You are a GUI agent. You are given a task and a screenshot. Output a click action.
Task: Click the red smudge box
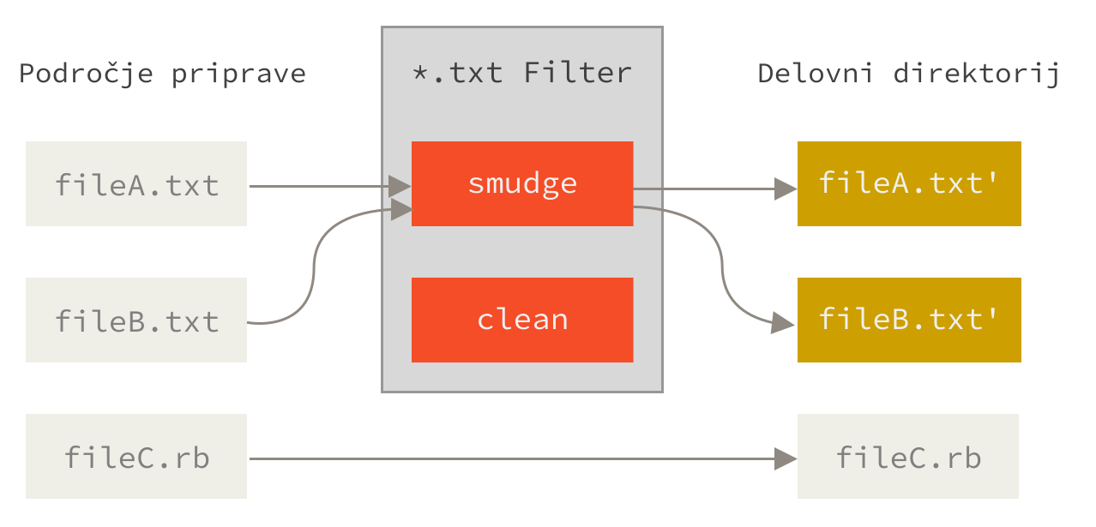pyautogui.click(x=522, y=183)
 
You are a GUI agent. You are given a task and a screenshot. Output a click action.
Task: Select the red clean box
pyautogui.click(x=522, y=320)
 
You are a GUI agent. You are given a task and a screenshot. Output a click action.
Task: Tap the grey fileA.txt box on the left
pyautogui.click(x=136, y=183)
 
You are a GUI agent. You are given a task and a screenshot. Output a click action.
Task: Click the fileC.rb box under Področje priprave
pyautogui.click(x=136, y=456)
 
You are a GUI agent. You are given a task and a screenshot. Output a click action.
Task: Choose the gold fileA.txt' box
pyautogui.click(x=909, y=183)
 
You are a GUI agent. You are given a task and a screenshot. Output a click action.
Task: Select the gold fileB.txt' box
pyautogui.click(x=909, y=320)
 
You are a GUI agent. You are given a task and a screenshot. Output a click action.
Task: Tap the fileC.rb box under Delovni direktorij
pyautogui.click(x=908, y=456)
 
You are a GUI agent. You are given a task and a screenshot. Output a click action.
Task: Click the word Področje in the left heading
pyautogui.click(x=86, y=74)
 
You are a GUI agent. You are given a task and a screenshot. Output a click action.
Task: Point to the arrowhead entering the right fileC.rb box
pyautogui.click(x=786, y=458)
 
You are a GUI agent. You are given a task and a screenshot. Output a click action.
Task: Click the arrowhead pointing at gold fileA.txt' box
pyautogui.click(x=786, y=189)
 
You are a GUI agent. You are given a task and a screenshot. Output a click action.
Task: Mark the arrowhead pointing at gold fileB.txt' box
pyautogui.click(x=783, y=323)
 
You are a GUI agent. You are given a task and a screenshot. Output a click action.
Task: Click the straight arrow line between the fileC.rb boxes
pyautogui.click(x=515, y=458)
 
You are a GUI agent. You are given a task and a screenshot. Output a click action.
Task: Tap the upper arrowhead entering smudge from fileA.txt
pyautogui.click(x=400, y=185)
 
